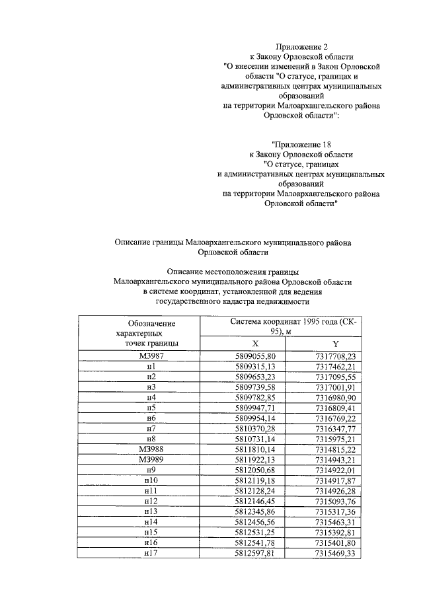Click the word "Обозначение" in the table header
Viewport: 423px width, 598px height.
(152, 323)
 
